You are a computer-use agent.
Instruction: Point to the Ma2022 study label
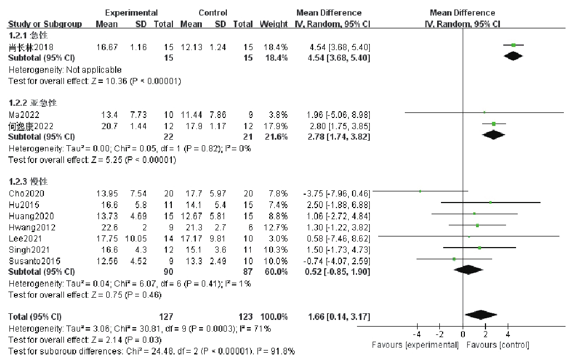[x=20, y=114]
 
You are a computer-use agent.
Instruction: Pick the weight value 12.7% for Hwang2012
[x=277, y=227]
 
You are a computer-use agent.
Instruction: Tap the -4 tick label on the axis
[x=417, y=334]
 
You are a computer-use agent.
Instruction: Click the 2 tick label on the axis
[x=485, y=334]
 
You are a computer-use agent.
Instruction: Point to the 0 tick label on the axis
[x=463, y=334]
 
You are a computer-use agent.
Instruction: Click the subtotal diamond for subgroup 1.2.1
[x=514, y=56]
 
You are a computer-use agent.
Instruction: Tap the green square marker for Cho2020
[x=420, y=191]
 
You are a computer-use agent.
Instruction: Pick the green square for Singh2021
[x=479, y=247]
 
